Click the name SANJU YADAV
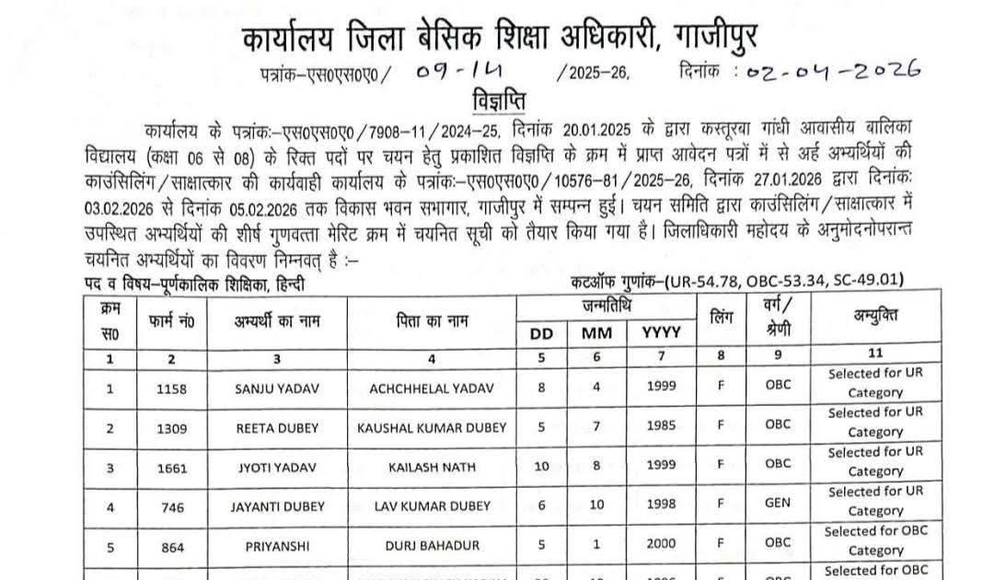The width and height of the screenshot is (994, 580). pyautogui.click(x=277, y=389)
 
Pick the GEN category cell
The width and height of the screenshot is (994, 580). pyautogui.click(x=777, y=505)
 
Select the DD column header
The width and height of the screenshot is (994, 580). pyautogui.click(x=542, y=333)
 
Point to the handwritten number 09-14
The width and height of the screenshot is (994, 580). pyautogui.click(x=452, y=70)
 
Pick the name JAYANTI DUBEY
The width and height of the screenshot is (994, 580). pyautogui.click(x=277, y=506)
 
